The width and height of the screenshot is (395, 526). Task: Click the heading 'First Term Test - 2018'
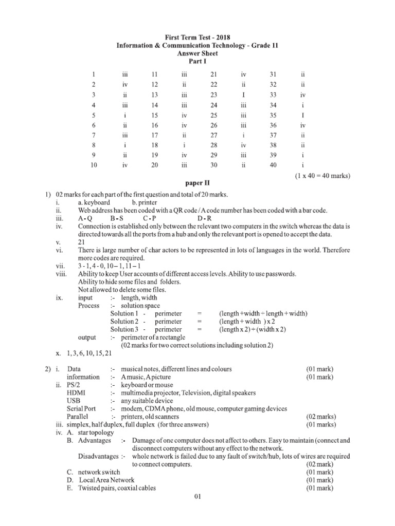197,37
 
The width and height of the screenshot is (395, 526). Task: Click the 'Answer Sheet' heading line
197,53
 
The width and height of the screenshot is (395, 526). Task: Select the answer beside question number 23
244,95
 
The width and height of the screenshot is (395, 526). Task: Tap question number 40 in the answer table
273,165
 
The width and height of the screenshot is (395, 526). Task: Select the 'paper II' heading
197,183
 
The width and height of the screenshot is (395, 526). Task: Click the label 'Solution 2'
124,321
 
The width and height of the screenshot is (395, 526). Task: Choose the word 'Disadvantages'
98,456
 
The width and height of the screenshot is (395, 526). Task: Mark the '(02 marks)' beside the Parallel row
320,417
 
